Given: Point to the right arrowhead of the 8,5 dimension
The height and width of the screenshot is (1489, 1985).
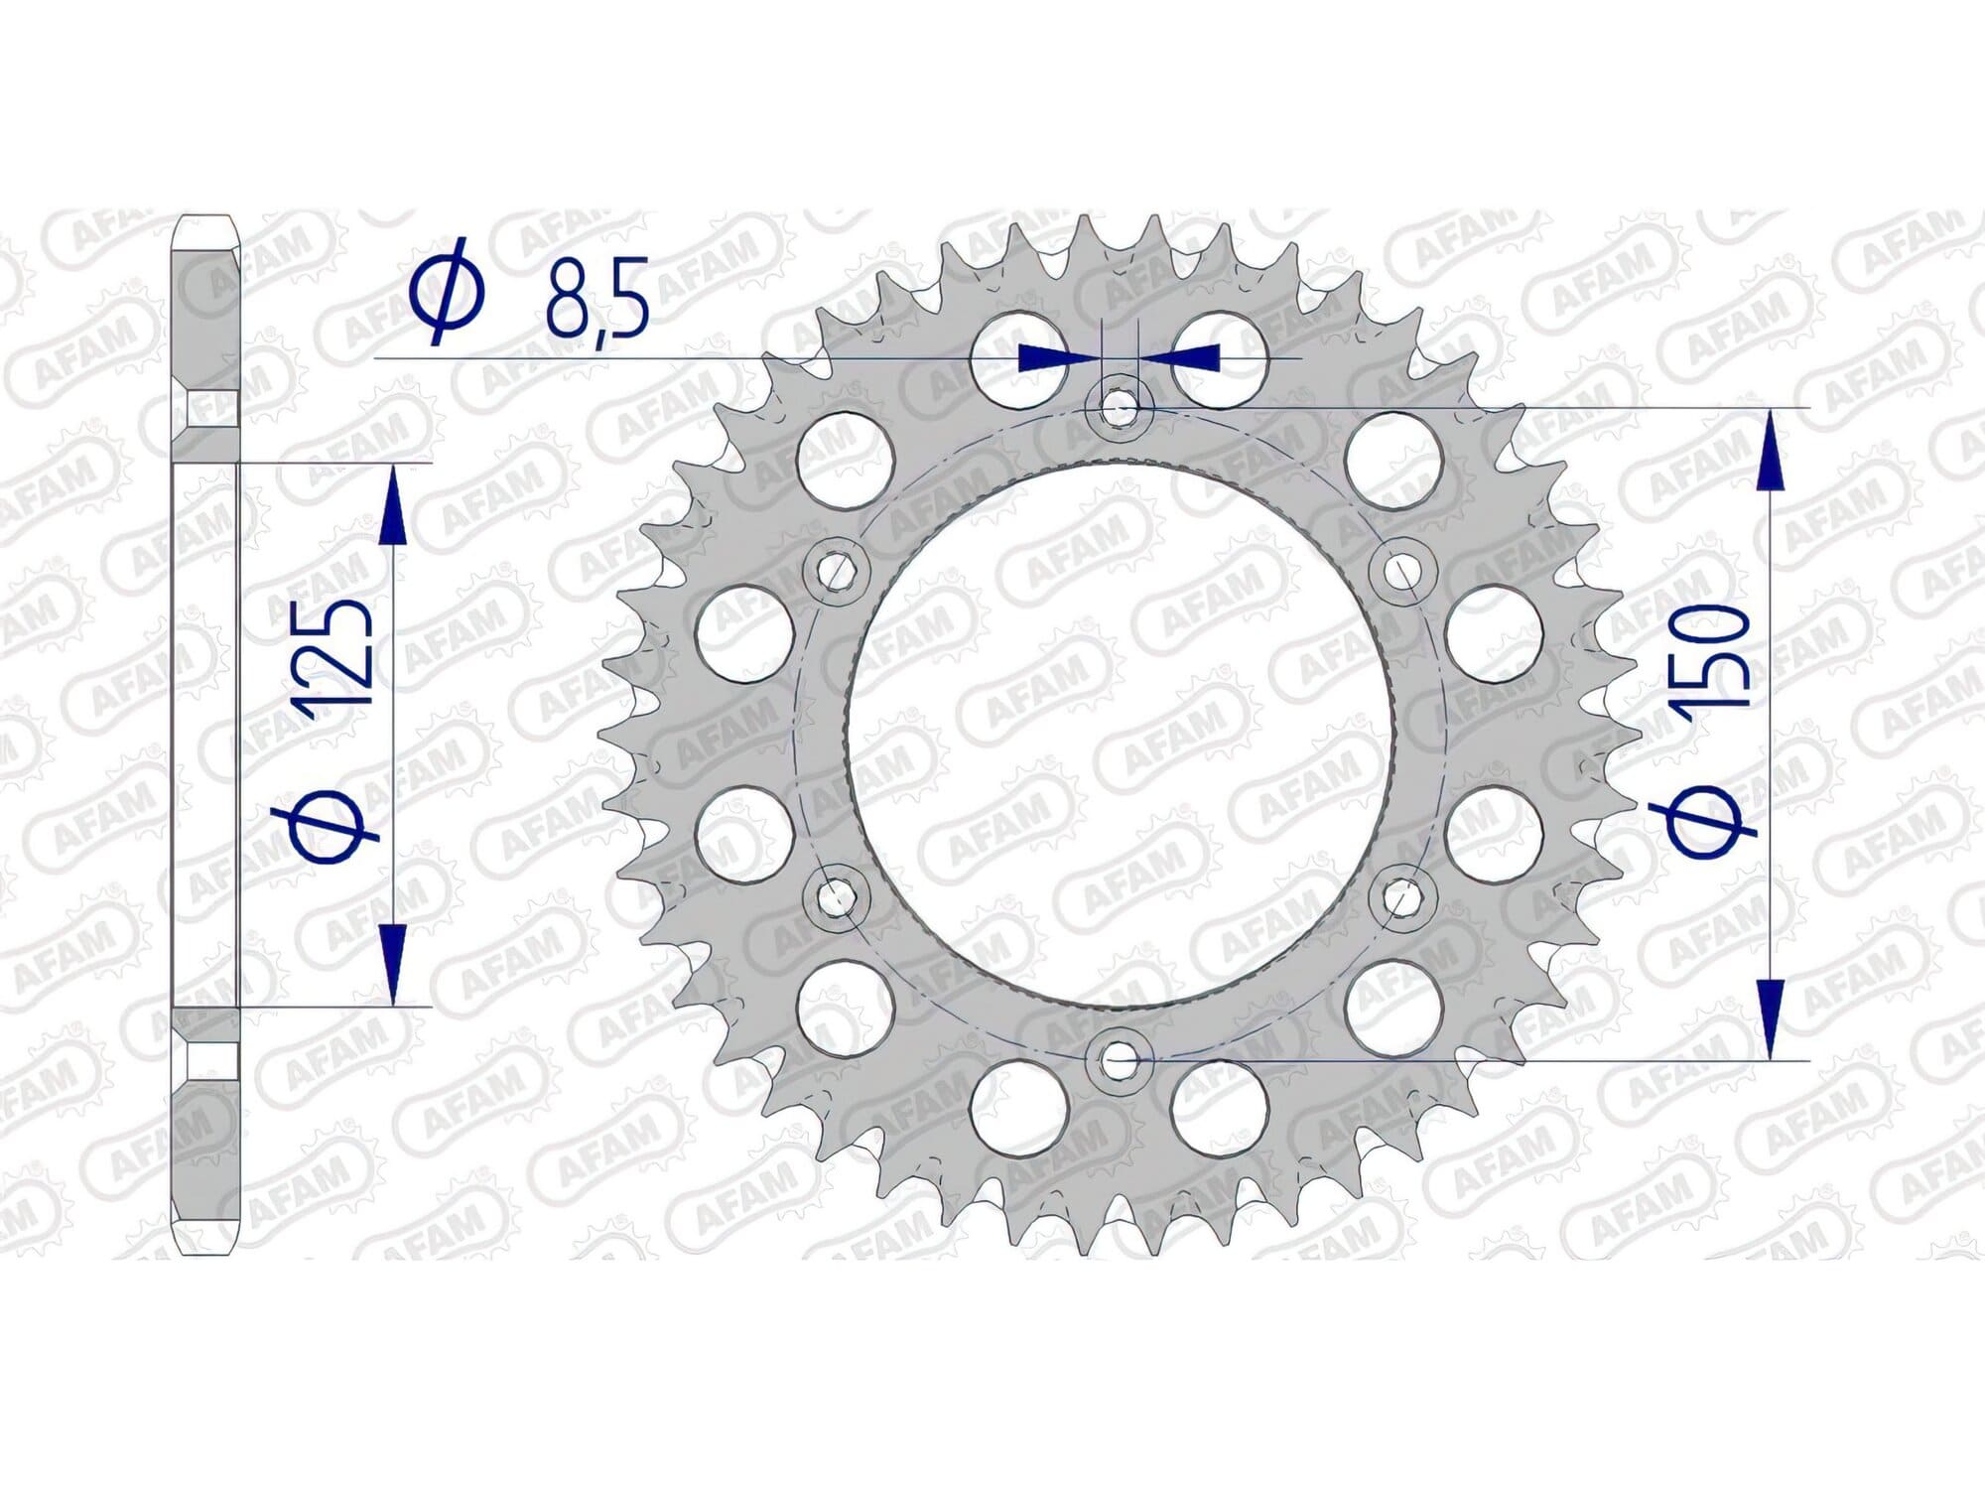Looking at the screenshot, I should [x=1185, y=356].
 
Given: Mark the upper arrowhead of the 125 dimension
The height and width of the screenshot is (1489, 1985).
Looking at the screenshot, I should [x=394, y=506].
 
